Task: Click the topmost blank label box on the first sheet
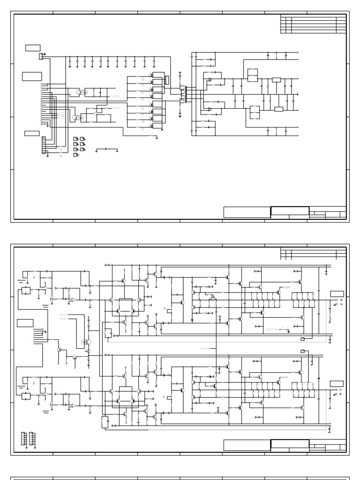[x=33, y=48]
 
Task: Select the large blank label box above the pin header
[x=32, y=76]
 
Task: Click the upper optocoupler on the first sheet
[x=82, y=92]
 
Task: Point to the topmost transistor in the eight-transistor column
[x=151, y=75]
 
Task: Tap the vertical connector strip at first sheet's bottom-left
[x=44, y=145]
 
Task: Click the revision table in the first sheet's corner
[x=313, y=24]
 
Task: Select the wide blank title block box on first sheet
[x=247, y=212]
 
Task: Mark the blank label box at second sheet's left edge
[x=25, y=322]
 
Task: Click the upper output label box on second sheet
[x=337, y=294]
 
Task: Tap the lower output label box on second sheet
[x=337, y=384]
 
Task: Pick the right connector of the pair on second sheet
[x=32, y=438]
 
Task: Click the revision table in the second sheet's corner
[x=313, y=254]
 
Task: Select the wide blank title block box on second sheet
[x=247, y=445]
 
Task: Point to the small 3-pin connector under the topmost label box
[x=41, y=56]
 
